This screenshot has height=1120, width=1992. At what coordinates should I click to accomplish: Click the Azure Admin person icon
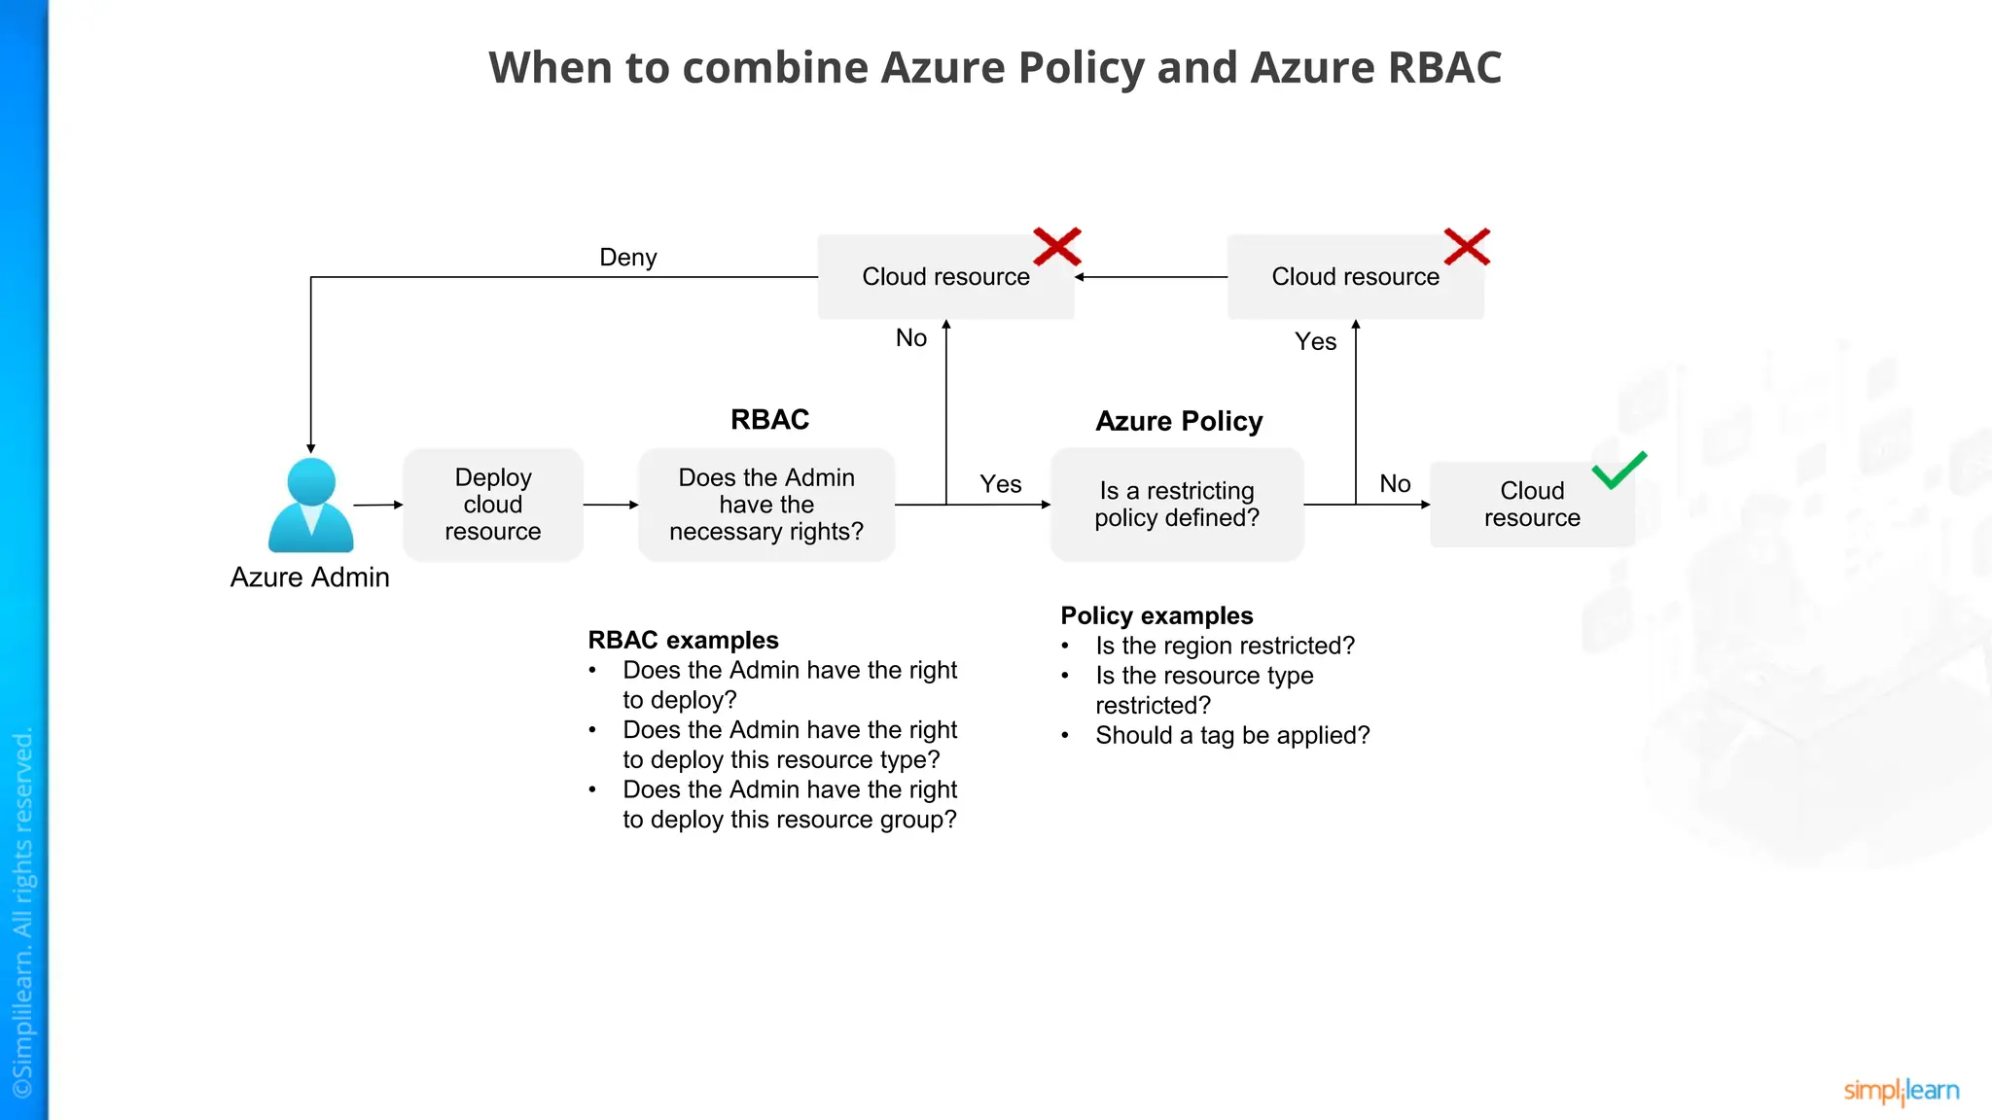click(x=311, y=506)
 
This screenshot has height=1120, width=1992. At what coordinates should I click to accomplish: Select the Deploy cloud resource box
click(x=493, y=505)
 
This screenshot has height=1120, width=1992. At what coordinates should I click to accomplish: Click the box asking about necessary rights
click(x=766, y=505)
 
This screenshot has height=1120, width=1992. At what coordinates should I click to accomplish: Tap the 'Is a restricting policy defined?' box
click(x=1177, y=505)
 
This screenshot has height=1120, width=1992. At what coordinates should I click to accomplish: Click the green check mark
click(x=1618, y=471)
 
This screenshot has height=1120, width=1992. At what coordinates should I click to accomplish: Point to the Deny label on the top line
click(x=628, y=258)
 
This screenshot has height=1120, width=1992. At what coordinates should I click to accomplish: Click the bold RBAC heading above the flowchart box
click(x=770, y=420)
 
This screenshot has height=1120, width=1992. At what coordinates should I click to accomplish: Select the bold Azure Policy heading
click(x=1179, y=421)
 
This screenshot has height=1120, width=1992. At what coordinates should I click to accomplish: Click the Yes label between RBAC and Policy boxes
click(x=1000, y=484)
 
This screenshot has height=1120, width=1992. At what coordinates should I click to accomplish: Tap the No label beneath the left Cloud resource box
click(x=911, y=338)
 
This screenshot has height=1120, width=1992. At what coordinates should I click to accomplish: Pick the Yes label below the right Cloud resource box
click(x=1315, y=342)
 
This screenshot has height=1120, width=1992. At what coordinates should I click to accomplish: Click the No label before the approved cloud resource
click(x=1395, y=484)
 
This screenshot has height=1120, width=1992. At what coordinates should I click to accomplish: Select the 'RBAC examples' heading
click(x=683, y=640)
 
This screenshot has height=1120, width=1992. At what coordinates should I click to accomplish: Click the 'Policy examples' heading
click(x=1156, y=615)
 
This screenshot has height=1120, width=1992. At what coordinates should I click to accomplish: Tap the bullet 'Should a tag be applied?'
click(x=1232, y=735)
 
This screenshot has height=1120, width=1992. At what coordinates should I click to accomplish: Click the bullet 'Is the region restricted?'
click(x=1225, y=646)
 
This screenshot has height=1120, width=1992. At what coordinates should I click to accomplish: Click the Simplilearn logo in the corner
click(x=1901, y=1091)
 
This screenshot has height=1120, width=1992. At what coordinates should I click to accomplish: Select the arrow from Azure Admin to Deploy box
click(x=377, y=505)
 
